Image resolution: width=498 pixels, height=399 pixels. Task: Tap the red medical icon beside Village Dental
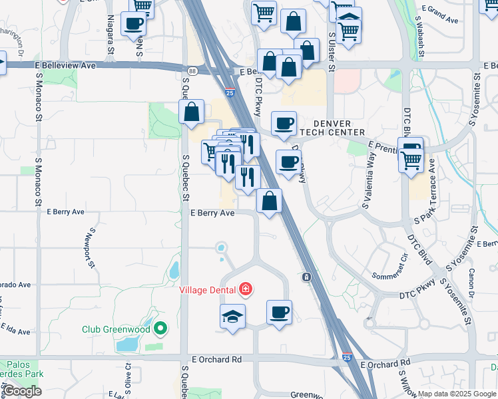pyautogui.click(x=246, y=289)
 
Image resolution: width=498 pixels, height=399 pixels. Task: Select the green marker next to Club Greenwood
pyautogui.click(x=160, y=329)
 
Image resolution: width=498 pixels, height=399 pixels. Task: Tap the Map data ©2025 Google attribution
pyautogui.click(x=457, y=394)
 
